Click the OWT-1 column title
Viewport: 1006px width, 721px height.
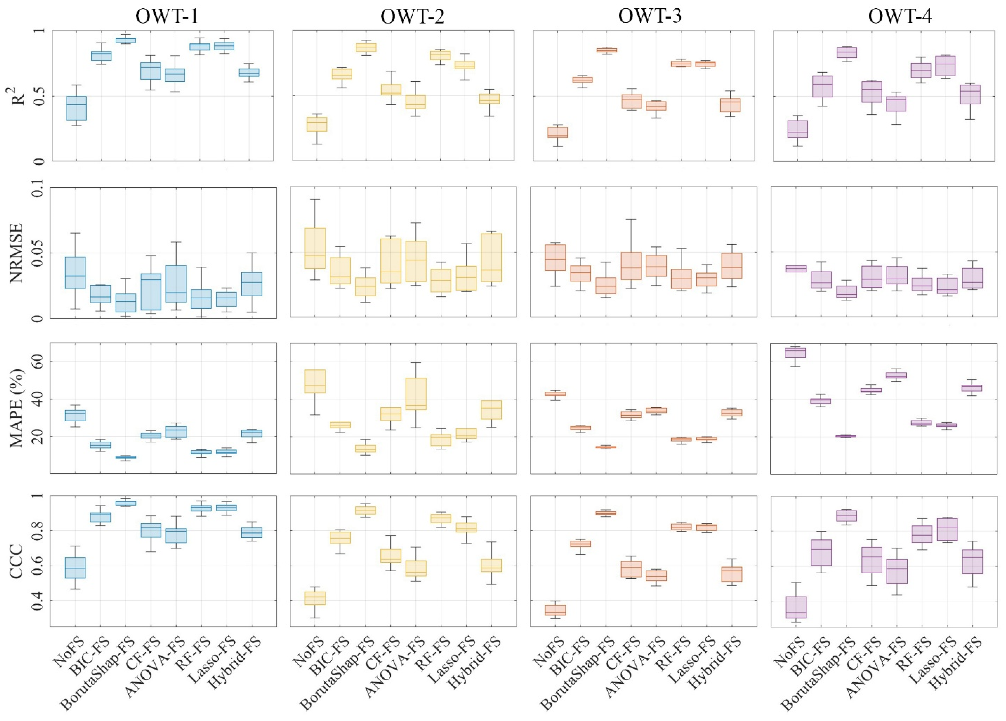tap(167, 16)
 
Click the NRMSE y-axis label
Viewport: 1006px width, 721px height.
tap(16, 252)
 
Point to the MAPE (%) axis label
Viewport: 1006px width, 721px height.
tap(17, 408)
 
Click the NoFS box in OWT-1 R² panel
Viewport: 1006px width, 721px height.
tap(76, 108)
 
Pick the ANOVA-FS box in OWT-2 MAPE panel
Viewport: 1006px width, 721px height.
tap(416, 393)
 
